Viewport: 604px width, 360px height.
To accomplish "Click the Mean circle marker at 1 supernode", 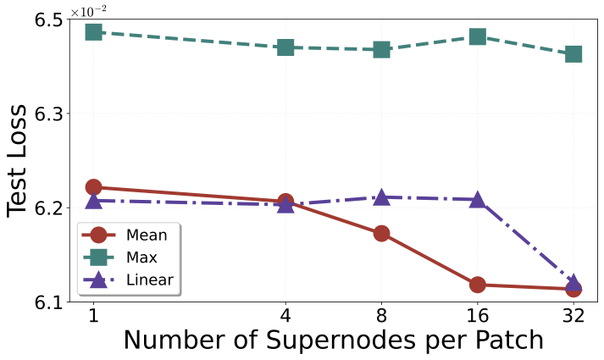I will (93, 187).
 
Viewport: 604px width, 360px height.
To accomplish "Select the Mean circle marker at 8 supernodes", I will (381, 234).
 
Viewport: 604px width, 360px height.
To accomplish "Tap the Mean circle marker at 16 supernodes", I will (477, 285).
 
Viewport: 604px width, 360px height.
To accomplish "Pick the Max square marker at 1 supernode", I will (93, 32).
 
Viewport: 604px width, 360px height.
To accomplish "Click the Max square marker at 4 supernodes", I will (285, 47).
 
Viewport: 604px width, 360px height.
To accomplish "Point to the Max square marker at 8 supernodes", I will (381, 50).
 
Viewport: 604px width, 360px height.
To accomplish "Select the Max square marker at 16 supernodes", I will (477, 36).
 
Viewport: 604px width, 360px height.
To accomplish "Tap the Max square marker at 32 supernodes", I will (573, 54).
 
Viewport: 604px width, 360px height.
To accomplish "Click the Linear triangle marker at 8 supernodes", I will (381, 197).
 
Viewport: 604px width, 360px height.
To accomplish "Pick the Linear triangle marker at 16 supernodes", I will (477, 200).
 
